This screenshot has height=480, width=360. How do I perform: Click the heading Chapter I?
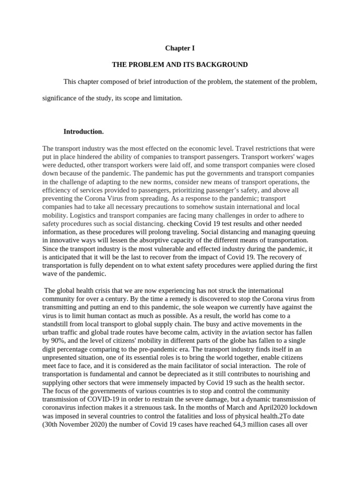click(x=180, y=48)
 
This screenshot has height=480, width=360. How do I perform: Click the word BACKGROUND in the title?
click(x=224, y=65)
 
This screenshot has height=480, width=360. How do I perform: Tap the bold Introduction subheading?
click(x=83, y=131)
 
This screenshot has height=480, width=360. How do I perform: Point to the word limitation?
click(x=167, y=99)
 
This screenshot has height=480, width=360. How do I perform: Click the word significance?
click(x=60, y=99)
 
